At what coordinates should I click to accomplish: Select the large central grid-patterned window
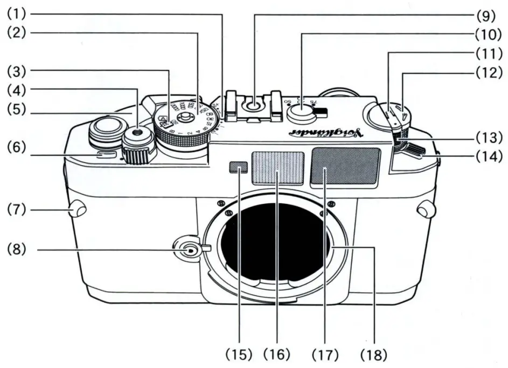[x=277, y=169]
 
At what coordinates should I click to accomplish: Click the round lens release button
[x=186, y=250]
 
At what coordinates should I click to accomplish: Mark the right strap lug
[x=426, y=209]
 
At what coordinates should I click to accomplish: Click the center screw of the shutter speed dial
[x=186, y=115]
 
